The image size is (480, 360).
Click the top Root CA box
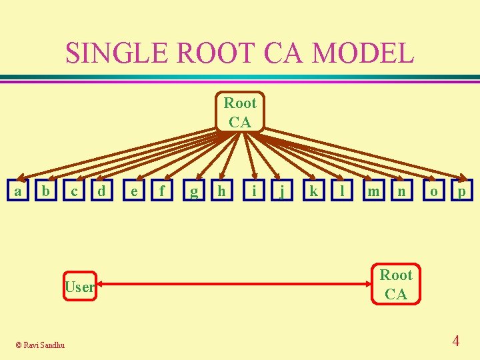point(240,112)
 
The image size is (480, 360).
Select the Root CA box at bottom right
point(396,285)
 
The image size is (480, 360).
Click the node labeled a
point(17,191)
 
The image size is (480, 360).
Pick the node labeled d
point(101,191)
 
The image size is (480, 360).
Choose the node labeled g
point(194,191)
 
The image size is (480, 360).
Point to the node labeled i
point(254,191)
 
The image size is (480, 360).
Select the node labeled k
point(313,191)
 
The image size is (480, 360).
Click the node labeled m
point(374,191)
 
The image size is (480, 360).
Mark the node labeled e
point(135,191)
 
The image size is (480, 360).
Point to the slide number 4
point(455,341)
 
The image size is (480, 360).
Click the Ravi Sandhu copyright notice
point(41,345)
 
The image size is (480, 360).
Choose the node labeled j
point(283,191)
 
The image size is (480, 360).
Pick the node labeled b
point(45,191)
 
